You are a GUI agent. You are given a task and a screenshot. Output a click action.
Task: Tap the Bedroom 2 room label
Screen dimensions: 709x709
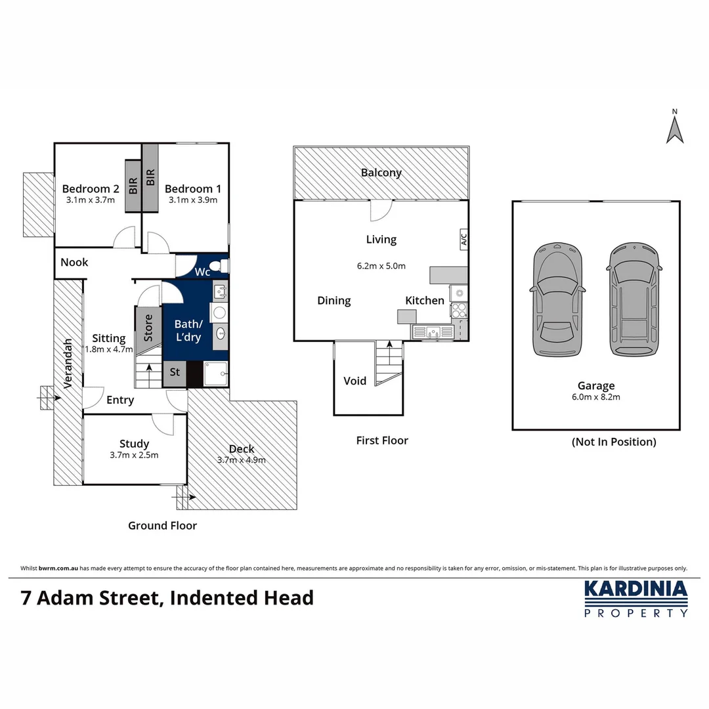(x=91, y=188)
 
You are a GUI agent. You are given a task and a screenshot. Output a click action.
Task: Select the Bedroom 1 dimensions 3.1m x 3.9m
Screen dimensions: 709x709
(x=193, y=200)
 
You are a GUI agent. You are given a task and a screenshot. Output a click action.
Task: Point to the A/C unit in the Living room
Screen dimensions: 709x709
(x=463, y=239)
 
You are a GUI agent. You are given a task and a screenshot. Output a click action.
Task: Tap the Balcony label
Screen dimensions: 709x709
(x=381, y=173)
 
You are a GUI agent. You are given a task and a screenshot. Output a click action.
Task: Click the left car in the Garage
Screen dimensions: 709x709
(x=557, y=299)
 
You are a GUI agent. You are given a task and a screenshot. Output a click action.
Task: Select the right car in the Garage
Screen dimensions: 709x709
(x=634, y=299)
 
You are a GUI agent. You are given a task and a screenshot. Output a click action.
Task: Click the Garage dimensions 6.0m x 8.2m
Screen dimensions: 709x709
(x=596, y=397)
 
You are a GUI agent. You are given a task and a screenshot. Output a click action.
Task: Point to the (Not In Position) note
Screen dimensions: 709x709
(x=614, y=442)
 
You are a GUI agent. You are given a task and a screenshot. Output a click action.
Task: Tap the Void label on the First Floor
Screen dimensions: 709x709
(x=354, y=381)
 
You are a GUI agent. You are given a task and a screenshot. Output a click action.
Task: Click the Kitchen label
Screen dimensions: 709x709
(x=425, y=300)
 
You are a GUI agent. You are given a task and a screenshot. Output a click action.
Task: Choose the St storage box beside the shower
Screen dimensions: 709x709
(x=175, y=374)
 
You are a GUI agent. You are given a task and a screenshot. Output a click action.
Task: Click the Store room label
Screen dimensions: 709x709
(x=148, y=328)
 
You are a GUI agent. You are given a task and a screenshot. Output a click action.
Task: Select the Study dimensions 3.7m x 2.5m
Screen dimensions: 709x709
(x=134, y=455)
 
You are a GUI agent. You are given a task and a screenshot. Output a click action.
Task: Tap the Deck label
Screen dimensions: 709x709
(x=242, y=448)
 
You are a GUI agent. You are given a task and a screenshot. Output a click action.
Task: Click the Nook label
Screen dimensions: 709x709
(x=74, y=262)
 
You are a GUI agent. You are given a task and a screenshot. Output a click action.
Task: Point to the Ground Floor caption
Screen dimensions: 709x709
(x=162, y=525)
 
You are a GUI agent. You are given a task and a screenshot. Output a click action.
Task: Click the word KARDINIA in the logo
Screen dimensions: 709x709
(x=635, y=589)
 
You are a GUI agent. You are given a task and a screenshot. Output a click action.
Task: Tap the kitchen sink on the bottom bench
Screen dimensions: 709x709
(x=433, y=332)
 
